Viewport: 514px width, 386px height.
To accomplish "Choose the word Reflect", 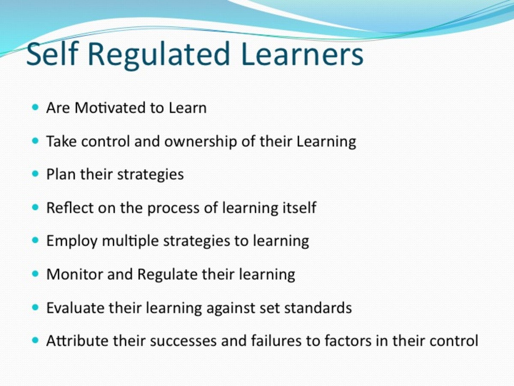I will click(x=70, y=208).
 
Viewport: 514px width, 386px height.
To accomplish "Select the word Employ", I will click(x=72, y=241).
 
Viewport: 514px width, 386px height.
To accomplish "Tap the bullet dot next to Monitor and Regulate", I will click(x=36, y=274).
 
